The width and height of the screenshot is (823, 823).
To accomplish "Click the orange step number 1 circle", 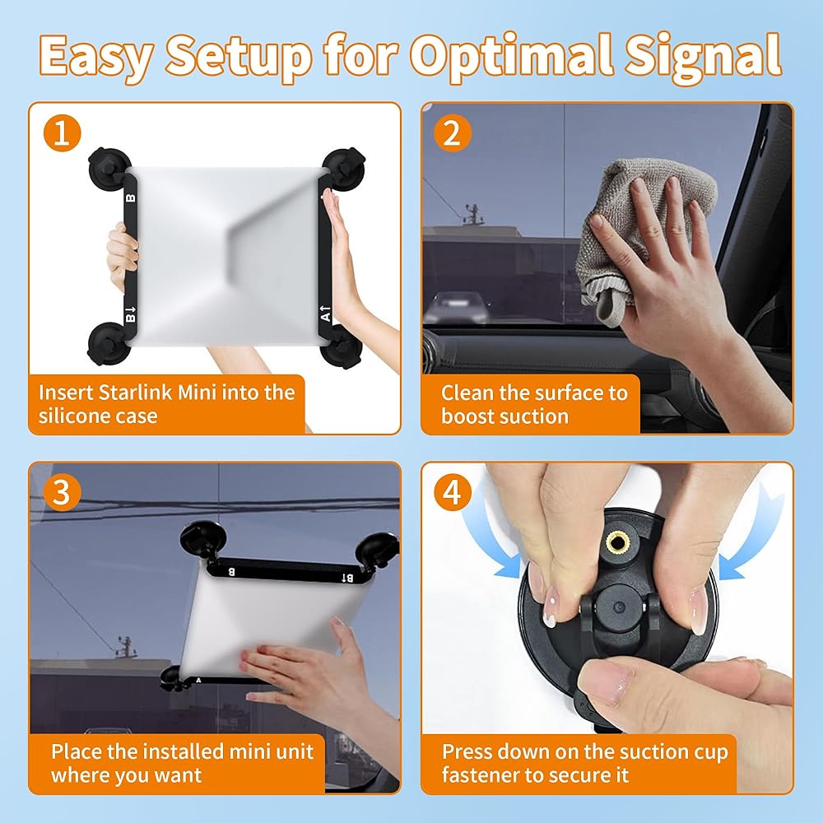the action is click(62, 133).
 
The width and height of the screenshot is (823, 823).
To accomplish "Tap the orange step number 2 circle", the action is click(453, 133).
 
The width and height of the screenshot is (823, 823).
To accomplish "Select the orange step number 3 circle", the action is click(62, 492).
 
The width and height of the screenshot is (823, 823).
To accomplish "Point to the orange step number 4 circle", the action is click(453, 492).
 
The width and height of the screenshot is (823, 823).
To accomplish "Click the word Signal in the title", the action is click(703, 57).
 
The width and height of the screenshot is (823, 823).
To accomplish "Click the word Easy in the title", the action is click(95, 57).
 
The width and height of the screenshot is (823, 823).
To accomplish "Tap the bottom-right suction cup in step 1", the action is click(342, 347).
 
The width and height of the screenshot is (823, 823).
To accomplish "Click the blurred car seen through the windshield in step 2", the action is click(456, 308).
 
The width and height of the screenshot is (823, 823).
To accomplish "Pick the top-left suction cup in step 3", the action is click(202, 541).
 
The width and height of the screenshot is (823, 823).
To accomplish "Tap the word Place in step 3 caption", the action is click(77, 751).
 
